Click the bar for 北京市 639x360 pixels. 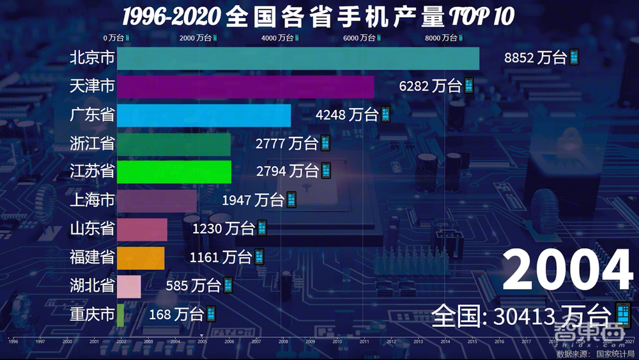[x=298, y=58]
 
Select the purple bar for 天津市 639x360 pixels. [x=245, y=86]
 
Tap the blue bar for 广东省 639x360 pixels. [x=204, y=115]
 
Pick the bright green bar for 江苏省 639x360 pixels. [x=174, y=171]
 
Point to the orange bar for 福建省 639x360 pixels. [x=141, y=258]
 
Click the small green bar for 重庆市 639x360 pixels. [x=120, y=315]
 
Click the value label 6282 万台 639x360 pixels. [x=430, y=86]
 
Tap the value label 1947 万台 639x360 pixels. [x=253, y=200]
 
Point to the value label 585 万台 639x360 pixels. [x=193, y=286]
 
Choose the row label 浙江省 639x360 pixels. [x=93, y=143]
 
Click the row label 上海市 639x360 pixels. [x=93, y=200]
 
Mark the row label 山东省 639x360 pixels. [x=93, y=229]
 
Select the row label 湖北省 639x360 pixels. [x=93, y=286]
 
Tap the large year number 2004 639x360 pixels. [x=567, y=270]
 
